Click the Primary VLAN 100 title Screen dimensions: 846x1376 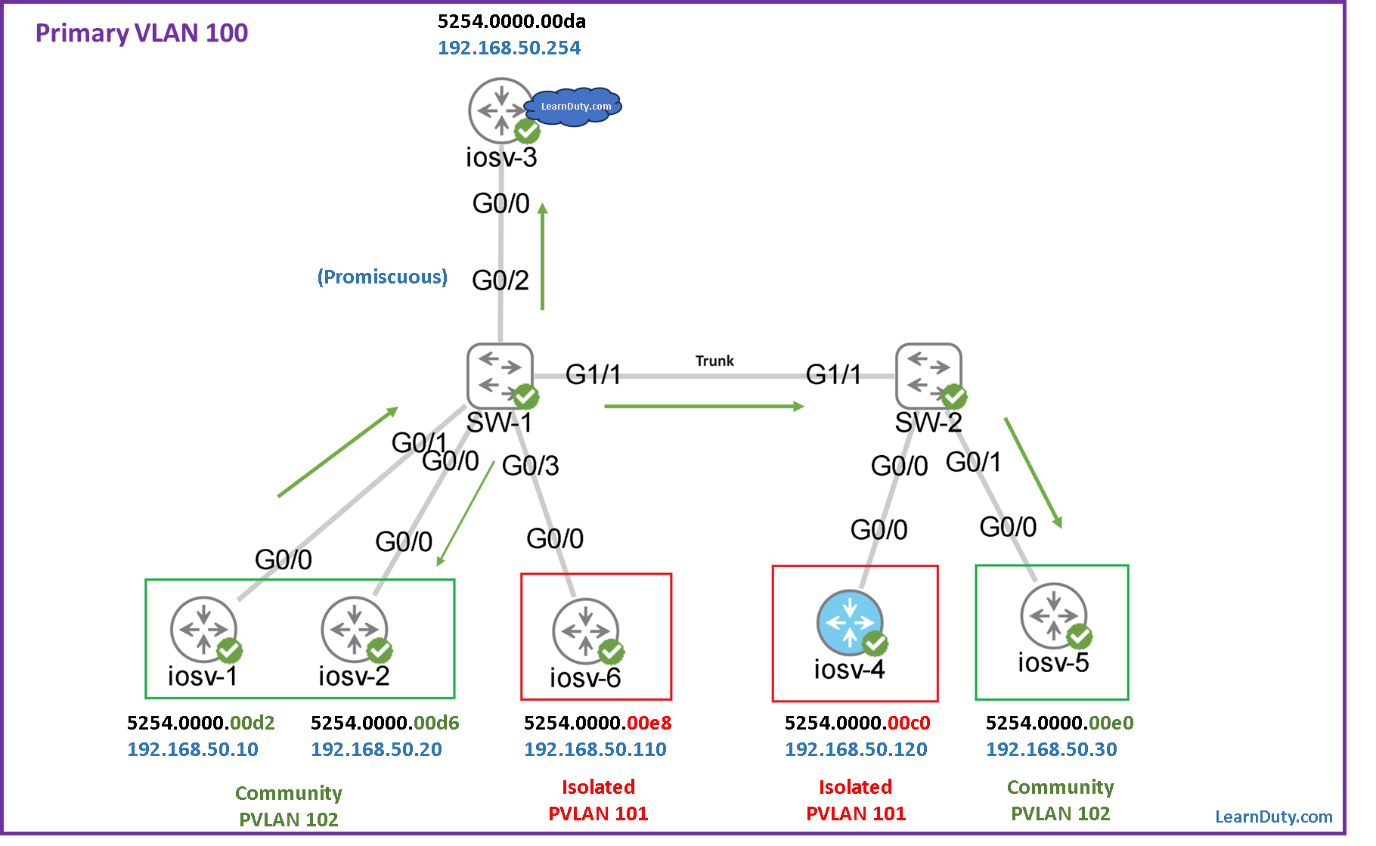click(x=141, y=33)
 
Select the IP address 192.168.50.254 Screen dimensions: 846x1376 click(x=509, y=48)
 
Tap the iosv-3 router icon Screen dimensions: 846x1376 click(x=501, y=110)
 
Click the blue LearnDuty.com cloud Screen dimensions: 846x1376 click(x=575, y=107)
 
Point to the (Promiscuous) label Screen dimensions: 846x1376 click(x=382, y=277)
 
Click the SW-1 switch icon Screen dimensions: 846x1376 click(x=500, y=375)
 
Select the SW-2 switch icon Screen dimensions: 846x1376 click(x=928, y=375)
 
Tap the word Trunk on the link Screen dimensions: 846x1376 click(x=714, y=361)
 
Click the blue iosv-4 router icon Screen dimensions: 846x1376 click(x=850, y=622)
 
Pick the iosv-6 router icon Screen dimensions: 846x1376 click(x=585, y=631)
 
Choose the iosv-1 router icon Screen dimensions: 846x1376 click(x=203, y=629)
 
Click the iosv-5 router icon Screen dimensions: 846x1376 click(x=1053, y=615)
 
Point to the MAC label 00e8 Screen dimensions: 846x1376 click(x=649, y=724)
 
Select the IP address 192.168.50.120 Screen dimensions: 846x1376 click(x=856, y=749)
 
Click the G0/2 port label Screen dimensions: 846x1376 click(x=501, y=280)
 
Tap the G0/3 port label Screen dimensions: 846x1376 click(x=531, y=466)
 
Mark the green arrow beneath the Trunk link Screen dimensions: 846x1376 click(x=704, y=407)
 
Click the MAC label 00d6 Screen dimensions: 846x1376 click(x=436, y=724)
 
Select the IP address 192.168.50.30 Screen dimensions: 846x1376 click(x=1051, y=749)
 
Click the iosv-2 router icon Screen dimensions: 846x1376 click(x=354, y=629)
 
